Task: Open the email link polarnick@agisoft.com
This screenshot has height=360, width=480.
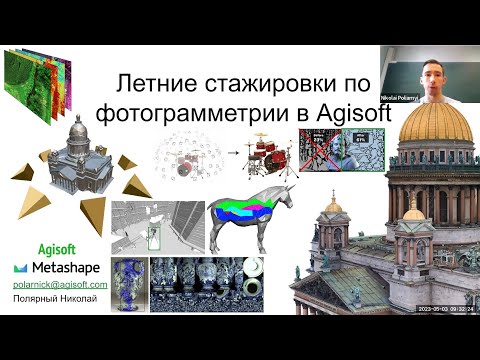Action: click(60, 285)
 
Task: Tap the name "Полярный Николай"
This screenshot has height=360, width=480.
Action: click(55, 299)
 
